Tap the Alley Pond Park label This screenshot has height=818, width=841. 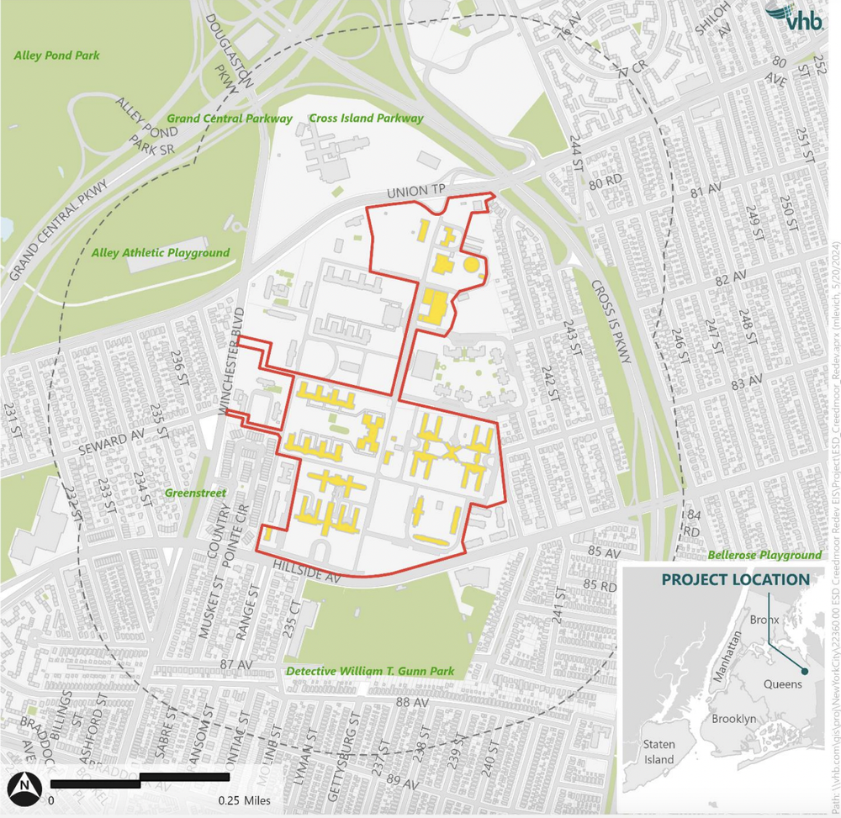57,56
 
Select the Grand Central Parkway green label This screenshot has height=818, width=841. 230,119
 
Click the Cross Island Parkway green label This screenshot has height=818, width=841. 366,119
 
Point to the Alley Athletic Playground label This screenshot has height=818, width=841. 160,252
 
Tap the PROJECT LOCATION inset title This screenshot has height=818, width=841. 735,580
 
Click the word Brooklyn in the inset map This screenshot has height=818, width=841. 733,719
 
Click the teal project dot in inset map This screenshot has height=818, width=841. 805,671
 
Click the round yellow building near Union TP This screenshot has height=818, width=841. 470,265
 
